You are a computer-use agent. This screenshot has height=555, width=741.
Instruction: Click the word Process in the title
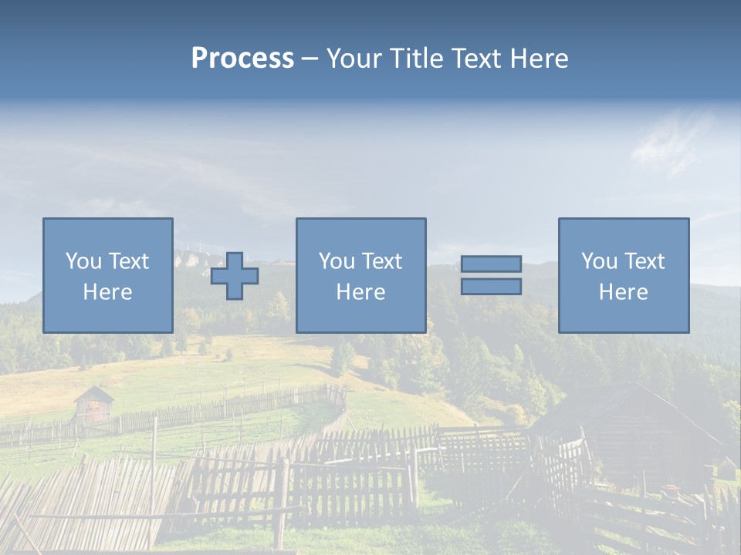tap(242, 59)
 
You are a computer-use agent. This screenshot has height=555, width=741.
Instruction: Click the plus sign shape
tap(235, 276)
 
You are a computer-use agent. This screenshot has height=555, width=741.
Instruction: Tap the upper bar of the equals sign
tap(491, 264)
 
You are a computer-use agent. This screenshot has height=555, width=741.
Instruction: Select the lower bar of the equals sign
tap(491, 287)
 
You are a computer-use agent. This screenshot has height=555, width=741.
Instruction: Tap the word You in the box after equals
tap(599, 262)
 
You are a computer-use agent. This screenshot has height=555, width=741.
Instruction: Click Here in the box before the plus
tap(107, 292)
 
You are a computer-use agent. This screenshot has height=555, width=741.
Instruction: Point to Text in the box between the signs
tap(382, 262)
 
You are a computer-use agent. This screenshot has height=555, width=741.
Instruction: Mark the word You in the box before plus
tap(83, 262)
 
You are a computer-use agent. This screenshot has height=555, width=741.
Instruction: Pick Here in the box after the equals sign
tap(623, 292)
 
